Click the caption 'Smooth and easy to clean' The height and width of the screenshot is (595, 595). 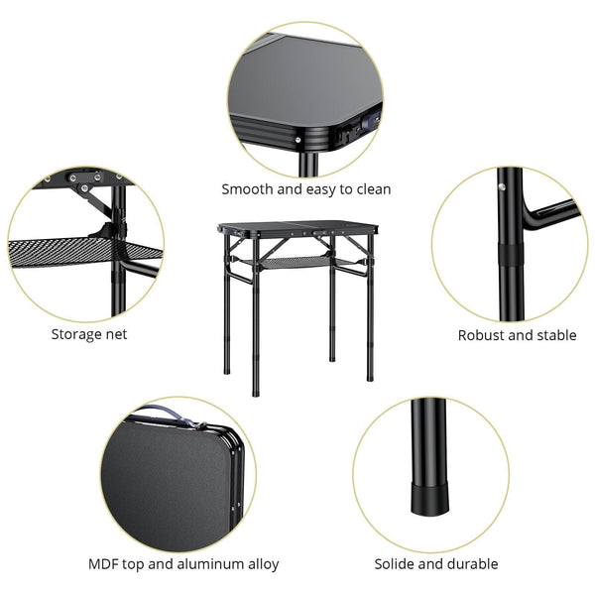click(305, 188)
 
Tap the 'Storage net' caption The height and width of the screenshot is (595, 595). click(89, 334)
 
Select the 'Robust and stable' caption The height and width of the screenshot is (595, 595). click(517, 335)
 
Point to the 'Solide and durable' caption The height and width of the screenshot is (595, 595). click(435, 564)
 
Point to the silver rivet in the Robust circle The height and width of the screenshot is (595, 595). click(503, 185)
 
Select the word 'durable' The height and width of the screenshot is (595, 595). click(471, 564)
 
